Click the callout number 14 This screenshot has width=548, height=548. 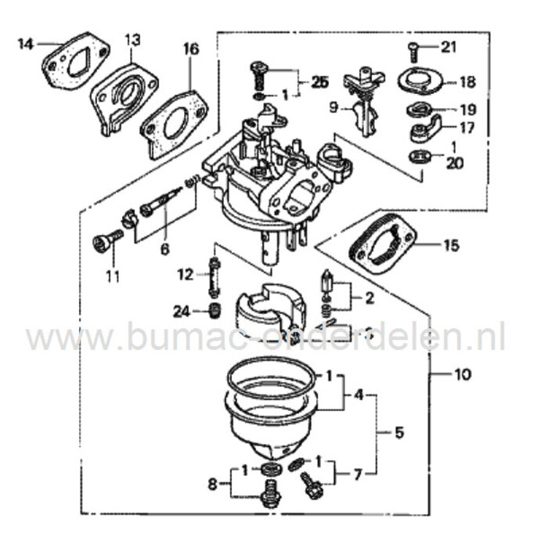26,43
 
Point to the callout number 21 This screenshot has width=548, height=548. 447,48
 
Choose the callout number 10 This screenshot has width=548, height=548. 463,374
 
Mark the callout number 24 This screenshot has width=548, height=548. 182,311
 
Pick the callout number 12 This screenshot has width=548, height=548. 185,274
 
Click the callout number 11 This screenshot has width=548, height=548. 113,276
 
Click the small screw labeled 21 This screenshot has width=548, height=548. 413,52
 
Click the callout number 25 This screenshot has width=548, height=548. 319,82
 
